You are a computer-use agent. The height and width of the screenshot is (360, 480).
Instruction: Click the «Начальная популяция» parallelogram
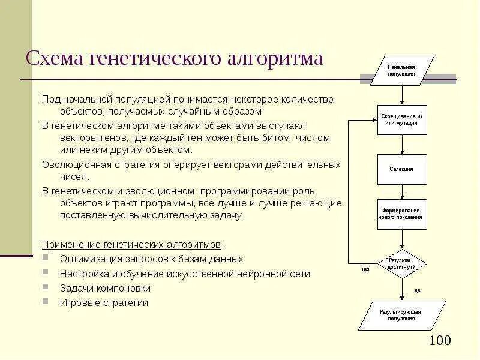tap(401, 71)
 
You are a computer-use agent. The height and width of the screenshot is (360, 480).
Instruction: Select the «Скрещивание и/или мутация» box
tap(402, 119)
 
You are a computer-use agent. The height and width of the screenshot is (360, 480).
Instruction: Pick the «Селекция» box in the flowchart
tap(402, 169)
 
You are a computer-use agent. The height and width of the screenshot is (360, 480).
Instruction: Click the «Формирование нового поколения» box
tap(402, 214)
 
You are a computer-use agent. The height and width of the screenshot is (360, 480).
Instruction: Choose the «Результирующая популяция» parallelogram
tap(402, 315)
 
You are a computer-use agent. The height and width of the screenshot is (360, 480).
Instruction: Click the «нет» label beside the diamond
tap(366, 269)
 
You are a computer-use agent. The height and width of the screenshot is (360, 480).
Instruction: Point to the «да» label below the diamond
tap(417, 290)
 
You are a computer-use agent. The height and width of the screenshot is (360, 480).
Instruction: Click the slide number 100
tap(440, 341)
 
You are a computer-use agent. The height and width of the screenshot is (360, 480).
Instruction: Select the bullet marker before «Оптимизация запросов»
tap(47, 259)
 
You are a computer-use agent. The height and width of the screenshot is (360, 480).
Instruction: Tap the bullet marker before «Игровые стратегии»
tap(47, 302)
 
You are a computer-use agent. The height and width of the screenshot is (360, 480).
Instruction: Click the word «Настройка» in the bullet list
tap(80, 274)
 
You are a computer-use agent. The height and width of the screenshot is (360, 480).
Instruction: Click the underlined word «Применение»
tap(70, 244)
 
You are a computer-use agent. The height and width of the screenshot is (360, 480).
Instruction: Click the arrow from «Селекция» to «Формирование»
tap(402, 192)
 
